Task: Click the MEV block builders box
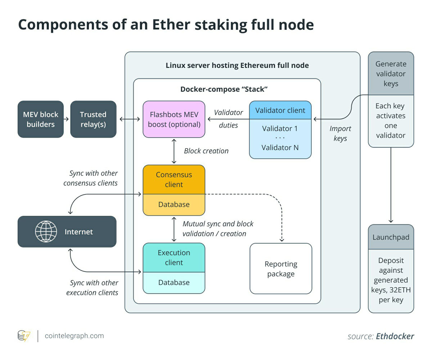tap(41, 119)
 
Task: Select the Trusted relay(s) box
tap(93, 119)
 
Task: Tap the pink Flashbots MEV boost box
tap(174, 119)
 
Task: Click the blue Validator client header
tap(280, 110)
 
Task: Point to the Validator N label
tap(280, 147)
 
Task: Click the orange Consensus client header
tap(174, 179)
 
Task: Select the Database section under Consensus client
tap(174, 205)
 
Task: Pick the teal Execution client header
tap(174, 258)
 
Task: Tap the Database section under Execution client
tap(174, 283)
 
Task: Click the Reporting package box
tap(281, 269)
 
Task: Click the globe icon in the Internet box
tap(46, 232)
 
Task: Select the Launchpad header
tap(391, 237)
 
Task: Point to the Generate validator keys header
tap(391, 73)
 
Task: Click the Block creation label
tap(206, 151)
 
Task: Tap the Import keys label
tap(340, 133)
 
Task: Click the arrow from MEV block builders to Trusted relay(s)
tap(66, 119)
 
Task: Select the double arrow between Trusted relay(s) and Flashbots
tap(130, 119)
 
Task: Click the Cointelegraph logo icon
tap(24, 336)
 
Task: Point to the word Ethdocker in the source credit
tap(395, 336)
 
